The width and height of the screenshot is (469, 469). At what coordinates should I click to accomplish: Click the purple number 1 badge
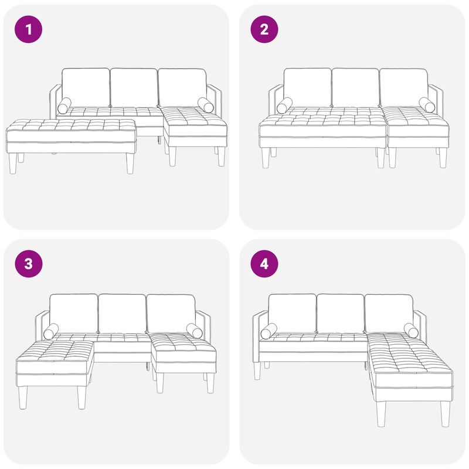coord(29,29)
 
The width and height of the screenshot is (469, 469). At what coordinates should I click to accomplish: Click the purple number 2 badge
coord(264,29)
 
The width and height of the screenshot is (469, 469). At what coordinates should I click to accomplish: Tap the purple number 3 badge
coord(29,264)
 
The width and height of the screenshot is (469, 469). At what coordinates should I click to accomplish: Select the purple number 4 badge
coord(264,264)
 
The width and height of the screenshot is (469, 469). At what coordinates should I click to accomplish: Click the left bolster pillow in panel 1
coord(65,106)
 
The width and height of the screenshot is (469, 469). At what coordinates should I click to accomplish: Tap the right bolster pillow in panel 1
coord(206,105)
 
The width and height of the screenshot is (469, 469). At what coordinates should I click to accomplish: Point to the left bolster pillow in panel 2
coord(286,106)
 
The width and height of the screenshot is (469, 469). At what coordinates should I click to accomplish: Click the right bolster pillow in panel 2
coord(427,105)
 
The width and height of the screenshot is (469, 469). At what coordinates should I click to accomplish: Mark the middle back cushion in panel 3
coord(122,313)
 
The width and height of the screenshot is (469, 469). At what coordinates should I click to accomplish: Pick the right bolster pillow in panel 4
coord(412,331)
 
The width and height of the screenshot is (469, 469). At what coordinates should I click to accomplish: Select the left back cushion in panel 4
coord(291,313)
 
